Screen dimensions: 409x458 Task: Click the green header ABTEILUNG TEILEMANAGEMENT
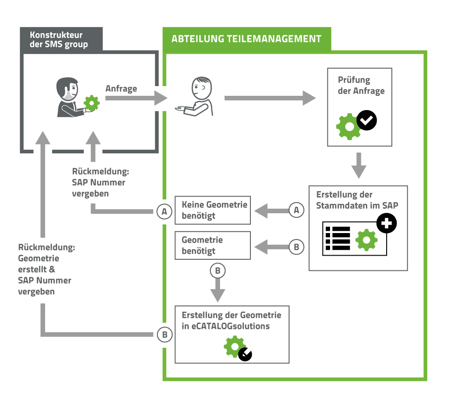[246, 39]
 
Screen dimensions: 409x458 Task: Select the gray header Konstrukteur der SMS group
[58, 40]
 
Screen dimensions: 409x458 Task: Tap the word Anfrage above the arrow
[121, 89]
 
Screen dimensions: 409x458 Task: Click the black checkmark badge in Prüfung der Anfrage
[367, 121]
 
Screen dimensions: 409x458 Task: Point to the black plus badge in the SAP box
[386, 224]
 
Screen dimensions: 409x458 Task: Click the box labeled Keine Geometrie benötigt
[213, 210]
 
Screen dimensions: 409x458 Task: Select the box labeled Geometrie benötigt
[213, 245]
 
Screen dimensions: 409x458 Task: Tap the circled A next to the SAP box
[296, 210]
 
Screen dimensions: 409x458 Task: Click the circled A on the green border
[164, 211]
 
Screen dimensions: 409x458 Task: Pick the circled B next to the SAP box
[296, 247]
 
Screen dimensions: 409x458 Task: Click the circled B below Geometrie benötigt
[218, 271]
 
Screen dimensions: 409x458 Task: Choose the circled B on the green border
[164, 334]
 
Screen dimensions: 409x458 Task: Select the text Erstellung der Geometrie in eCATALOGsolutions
[231, 321]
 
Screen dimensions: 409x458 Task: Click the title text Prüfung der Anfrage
[361, 85]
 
